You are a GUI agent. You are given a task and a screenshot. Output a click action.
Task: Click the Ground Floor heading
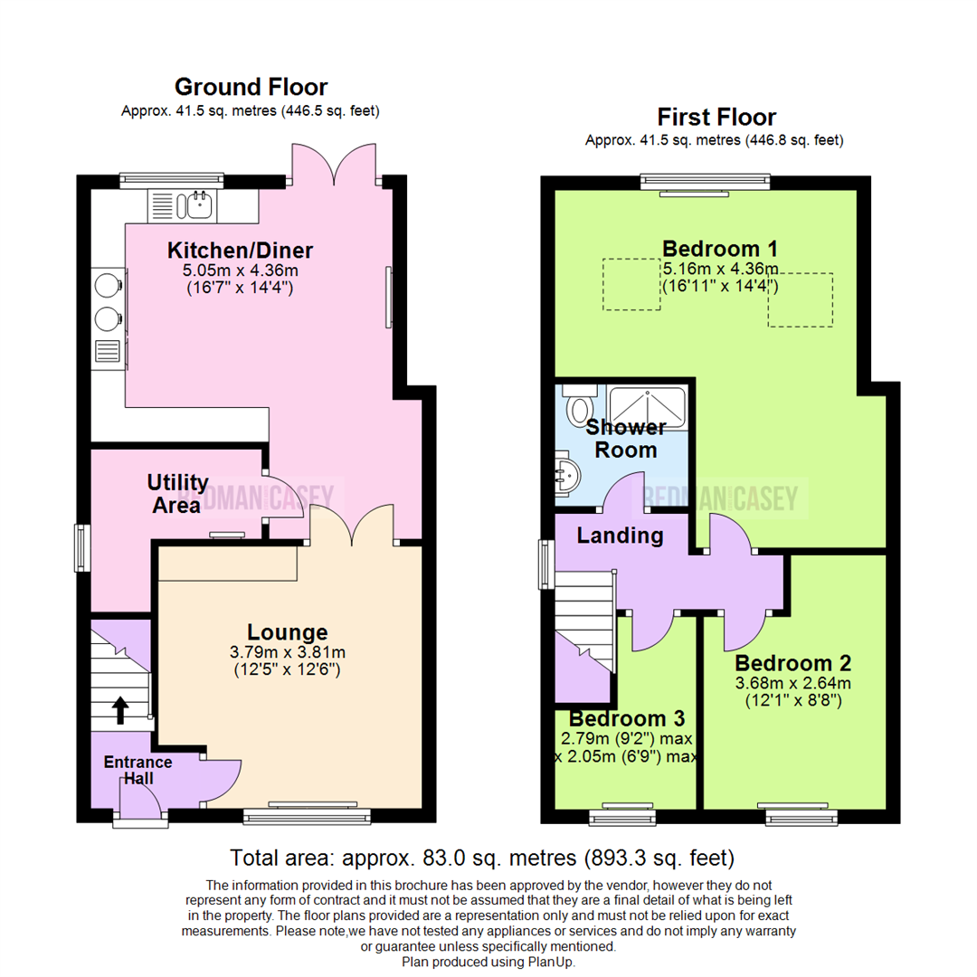[x=251, y=88]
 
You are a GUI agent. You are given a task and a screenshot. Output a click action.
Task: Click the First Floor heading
[x=716, y=118]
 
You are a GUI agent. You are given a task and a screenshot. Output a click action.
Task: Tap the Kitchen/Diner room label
[x=240, y=251]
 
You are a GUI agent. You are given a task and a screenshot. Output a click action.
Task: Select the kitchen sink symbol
[x=196, y=205]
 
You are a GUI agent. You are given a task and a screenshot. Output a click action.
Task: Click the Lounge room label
[x=287, y=632]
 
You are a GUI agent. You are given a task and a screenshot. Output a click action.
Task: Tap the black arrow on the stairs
[x=119, y=709]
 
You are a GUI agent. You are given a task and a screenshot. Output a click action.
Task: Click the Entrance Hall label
[x=138, y=770]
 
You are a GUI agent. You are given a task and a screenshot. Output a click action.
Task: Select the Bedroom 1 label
[x=720, y=249]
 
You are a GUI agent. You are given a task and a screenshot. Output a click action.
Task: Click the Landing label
[x=620, y=536]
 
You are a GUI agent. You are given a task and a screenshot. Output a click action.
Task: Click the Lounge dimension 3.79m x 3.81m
[x=287, y=652]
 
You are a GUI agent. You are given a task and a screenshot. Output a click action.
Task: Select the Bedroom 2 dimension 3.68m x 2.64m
[x=792, y=683]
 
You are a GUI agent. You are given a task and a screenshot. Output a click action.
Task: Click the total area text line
[x=481, y=858]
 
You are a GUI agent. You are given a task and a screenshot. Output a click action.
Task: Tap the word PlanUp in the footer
[x=548, y=963]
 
